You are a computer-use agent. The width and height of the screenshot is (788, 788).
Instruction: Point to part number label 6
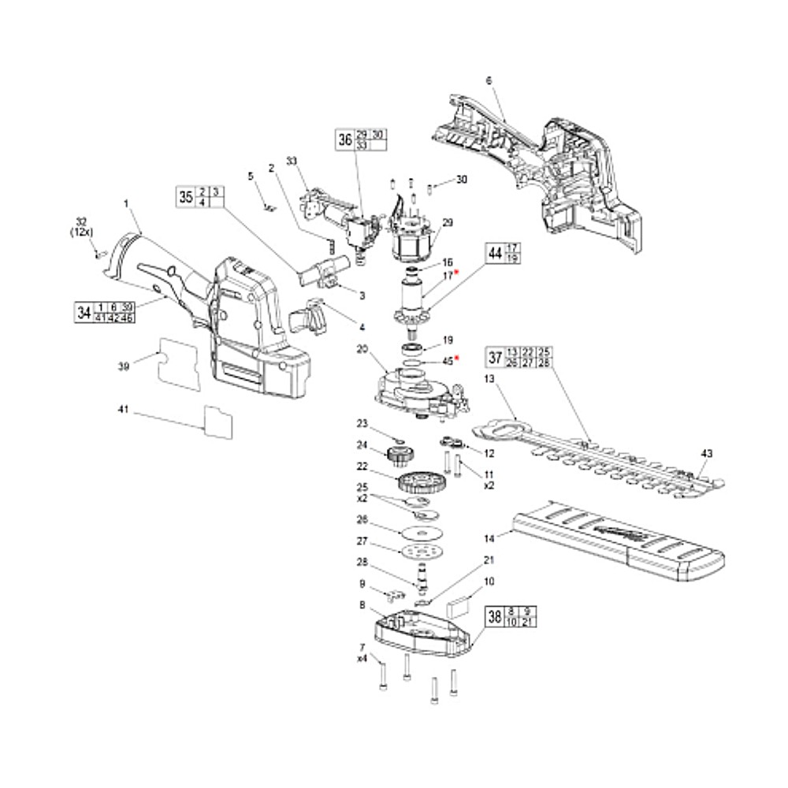pos(489,80)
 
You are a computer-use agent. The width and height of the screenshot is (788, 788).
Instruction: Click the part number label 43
pos(706,453)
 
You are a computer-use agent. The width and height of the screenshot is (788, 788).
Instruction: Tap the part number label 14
pos(489,539)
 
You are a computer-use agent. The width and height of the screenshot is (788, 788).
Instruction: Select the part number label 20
pos(362,348)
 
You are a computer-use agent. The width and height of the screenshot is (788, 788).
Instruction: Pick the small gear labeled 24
pos(401,455)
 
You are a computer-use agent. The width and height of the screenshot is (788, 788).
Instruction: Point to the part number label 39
pos(123,366)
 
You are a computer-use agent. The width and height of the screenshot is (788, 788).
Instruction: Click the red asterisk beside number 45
pos(456,359)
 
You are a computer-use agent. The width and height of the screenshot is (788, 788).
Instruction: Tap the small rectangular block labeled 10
pos(459,605)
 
